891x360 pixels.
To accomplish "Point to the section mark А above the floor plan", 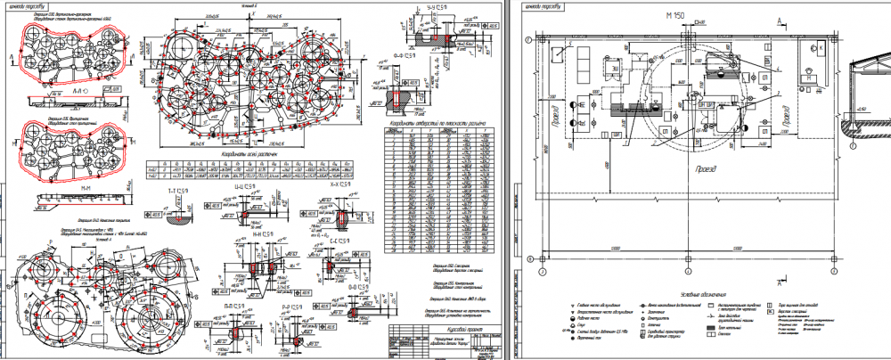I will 781,20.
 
